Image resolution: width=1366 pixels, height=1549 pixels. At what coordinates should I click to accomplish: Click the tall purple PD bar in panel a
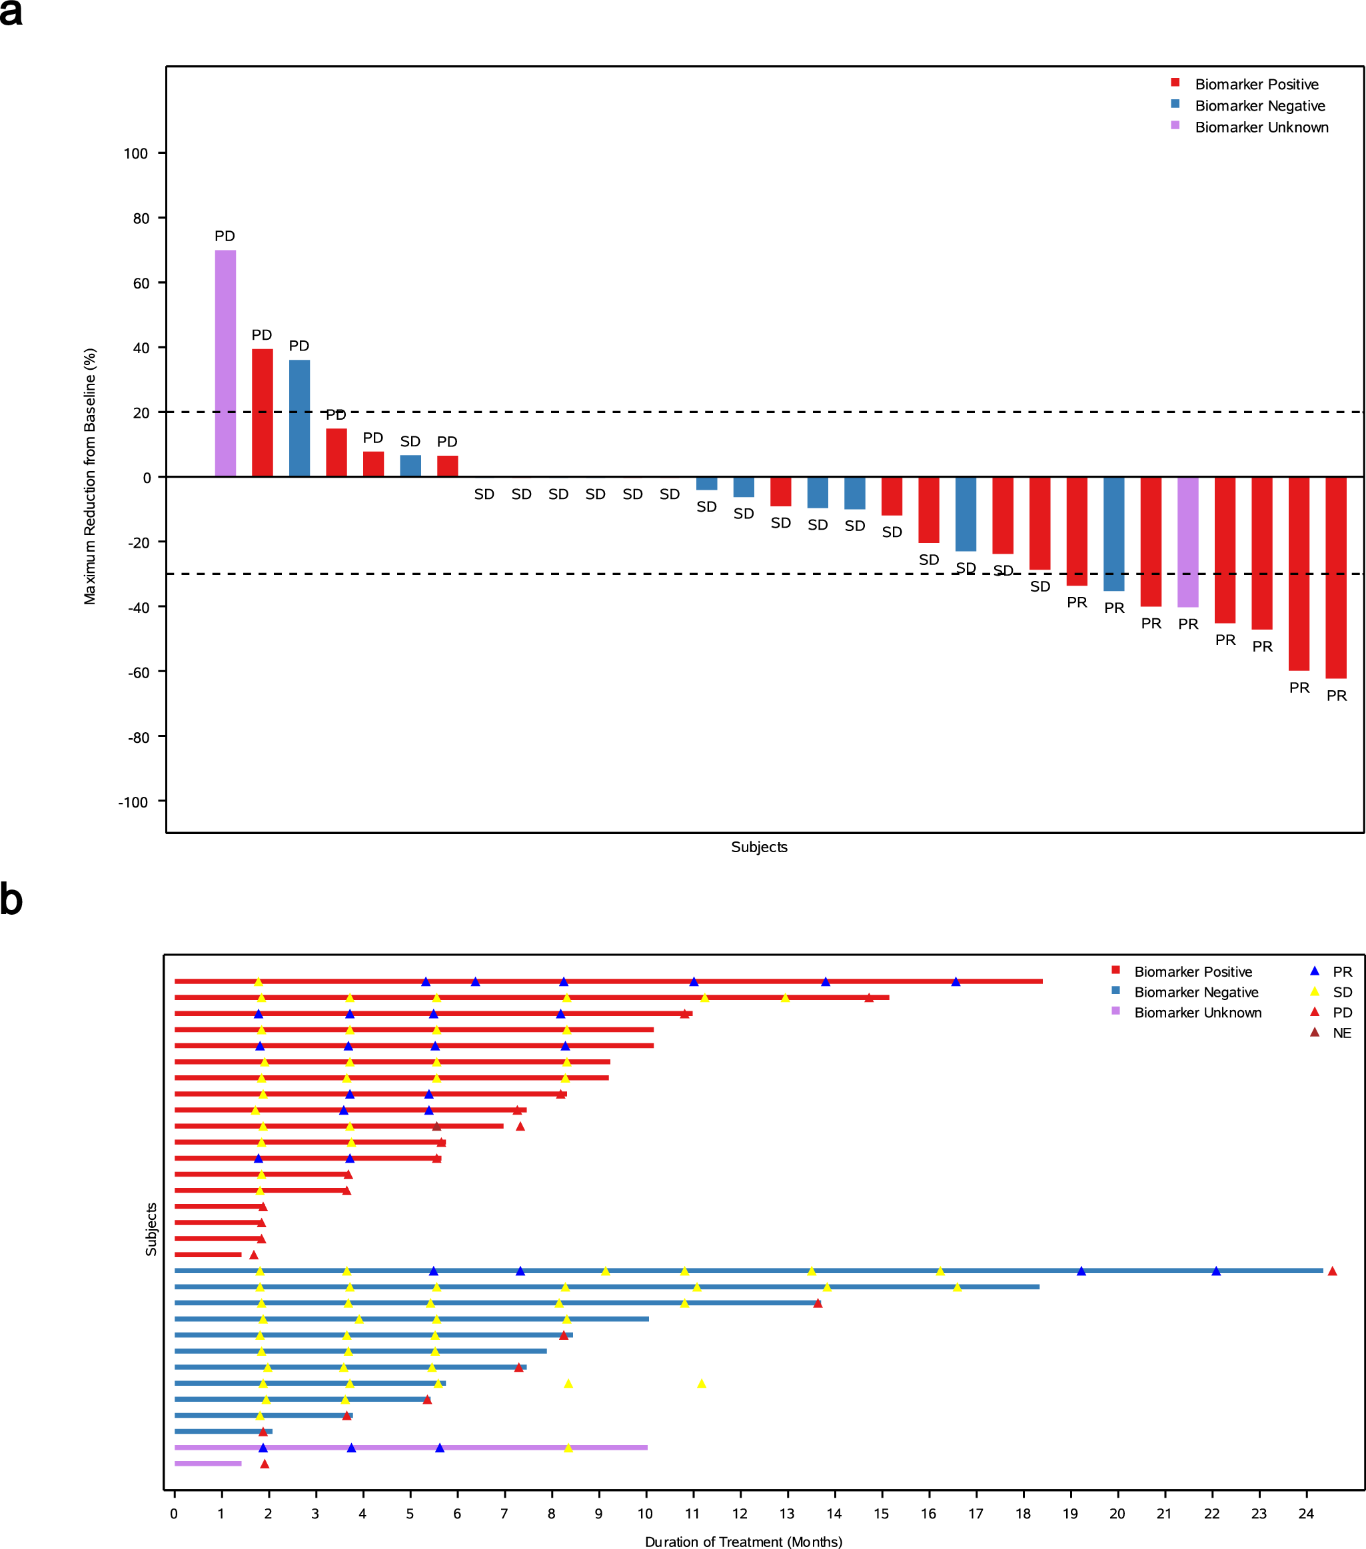point(225,364)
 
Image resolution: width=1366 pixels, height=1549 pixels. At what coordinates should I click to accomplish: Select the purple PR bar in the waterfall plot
point(1188,542)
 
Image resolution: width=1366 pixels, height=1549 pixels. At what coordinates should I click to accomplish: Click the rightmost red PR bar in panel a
point(1335,578)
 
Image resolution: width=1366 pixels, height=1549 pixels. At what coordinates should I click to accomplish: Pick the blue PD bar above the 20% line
point(299,418)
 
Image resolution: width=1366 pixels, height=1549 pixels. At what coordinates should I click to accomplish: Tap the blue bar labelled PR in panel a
point(1113,534)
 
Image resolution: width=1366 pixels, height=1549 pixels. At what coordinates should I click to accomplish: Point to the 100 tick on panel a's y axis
point(136,154)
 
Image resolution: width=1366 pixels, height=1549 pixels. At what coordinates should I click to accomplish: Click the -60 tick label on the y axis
point(138,672)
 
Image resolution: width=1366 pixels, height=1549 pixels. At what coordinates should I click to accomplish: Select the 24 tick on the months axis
point(1306,1514)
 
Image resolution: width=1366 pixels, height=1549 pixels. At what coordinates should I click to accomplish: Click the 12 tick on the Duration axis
point(740,1514)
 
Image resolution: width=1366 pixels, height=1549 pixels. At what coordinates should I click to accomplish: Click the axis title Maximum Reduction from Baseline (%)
point(90,476)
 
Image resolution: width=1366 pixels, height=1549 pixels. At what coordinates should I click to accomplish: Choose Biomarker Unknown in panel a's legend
point(1261,127)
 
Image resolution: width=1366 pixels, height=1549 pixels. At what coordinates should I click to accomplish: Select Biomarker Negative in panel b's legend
point(1195,992)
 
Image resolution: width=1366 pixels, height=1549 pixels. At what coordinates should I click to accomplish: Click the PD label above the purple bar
point(225,237)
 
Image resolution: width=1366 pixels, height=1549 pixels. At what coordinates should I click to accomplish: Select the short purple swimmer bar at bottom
point(208,1463)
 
